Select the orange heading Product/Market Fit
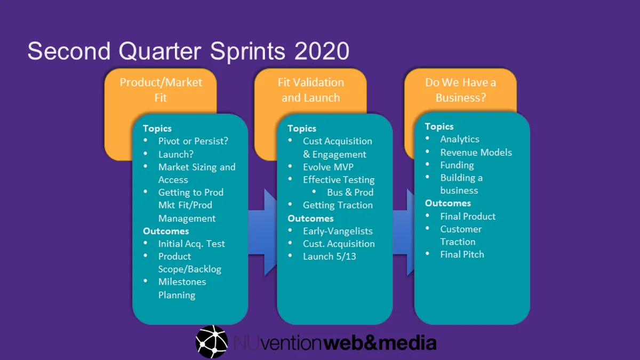(x=161, y=90)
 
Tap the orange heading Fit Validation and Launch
(x=310, y=90)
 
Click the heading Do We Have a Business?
(x=460, y=90)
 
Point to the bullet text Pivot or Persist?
(x=193, y=141)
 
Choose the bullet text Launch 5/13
(x=329, y=257)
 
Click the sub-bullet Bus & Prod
(x=350, y=193)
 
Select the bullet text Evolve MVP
(x=328, y=167)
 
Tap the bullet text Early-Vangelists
(x=338, y=231)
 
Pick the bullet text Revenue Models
(x=476, y=152)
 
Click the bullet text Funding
(x=457, y=165)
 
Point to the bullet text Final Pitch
(x=462, y=254)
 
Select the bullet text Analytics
(x=460, y=139)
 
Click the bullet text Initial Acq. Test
(x=191, y=244)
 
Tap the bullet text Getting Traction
(x=338, y=205)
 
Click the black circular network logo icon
(x=212, y=341)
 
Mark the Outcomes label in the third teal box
(x=447, y=203)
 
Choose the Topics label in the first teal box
(x=157, y=129)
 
